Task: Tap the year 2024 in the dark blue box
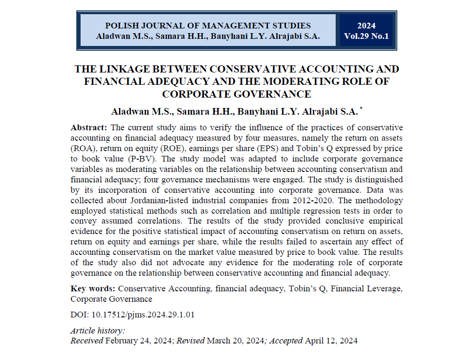click(x=366, y=26)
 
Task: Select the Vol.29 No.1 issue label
click(x=366, y=36)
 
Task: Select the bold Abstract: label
click(x=89, y=128)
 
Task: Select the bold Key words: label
click(x=92, y=288)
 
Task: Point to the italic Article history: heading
click(x=98, y=331)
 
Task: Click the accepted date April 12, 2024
click(x=331, y=341)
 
